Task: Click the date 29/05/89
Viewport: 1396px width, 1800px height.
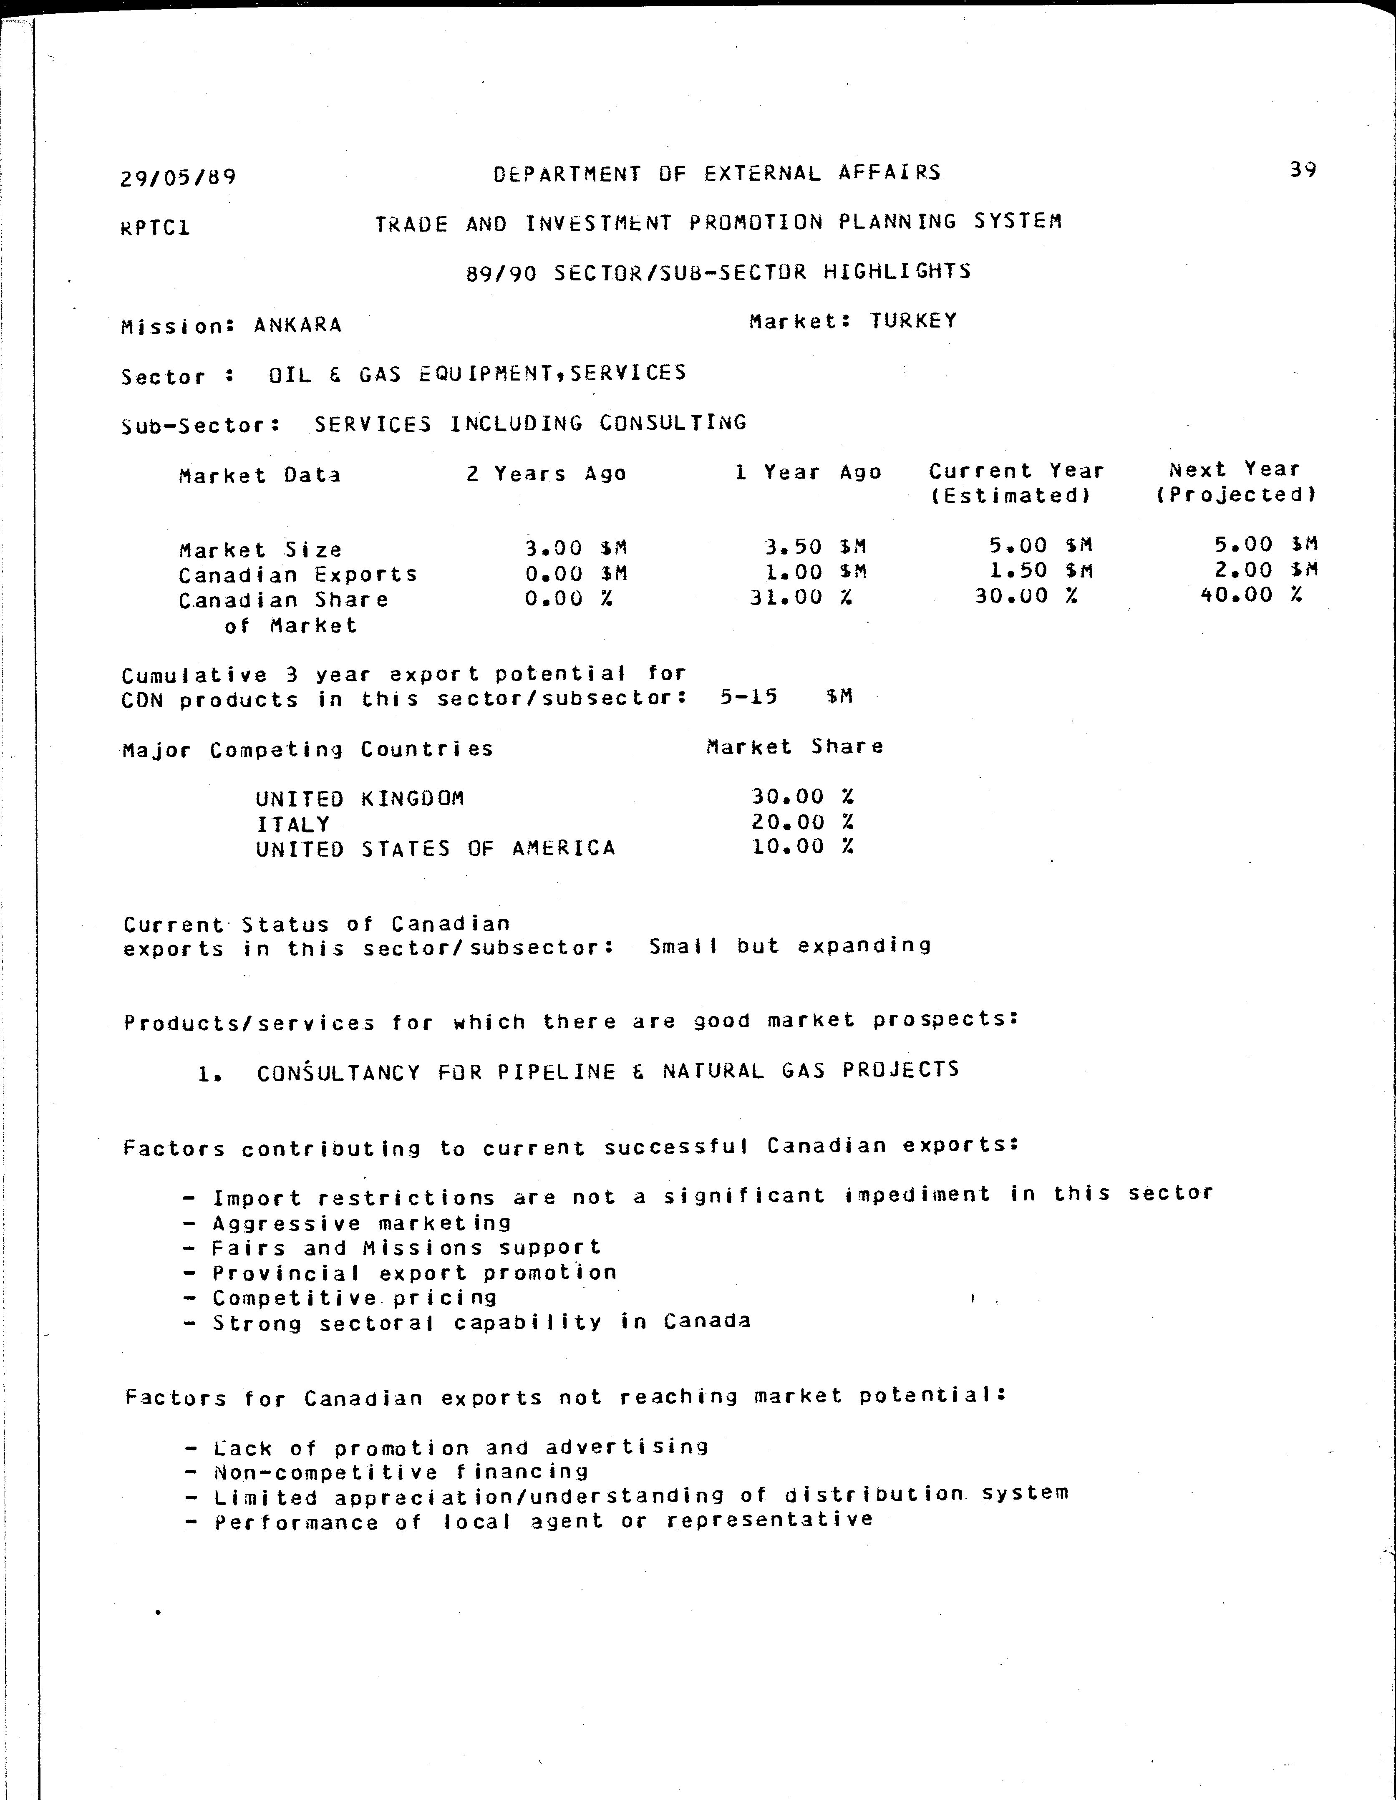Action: (x=178, y=177)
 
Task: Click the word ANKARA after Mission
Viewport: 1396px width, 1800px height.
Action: (x=297, y=325)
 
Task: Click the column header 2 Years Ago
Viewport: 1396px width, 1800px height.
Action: (x=547, y=474)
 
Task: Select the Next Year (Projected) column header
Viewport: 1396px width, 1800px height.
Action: (x=1235, y=482)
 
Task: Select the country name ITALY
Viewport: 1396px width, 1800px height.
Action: (x=292, y=824)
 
